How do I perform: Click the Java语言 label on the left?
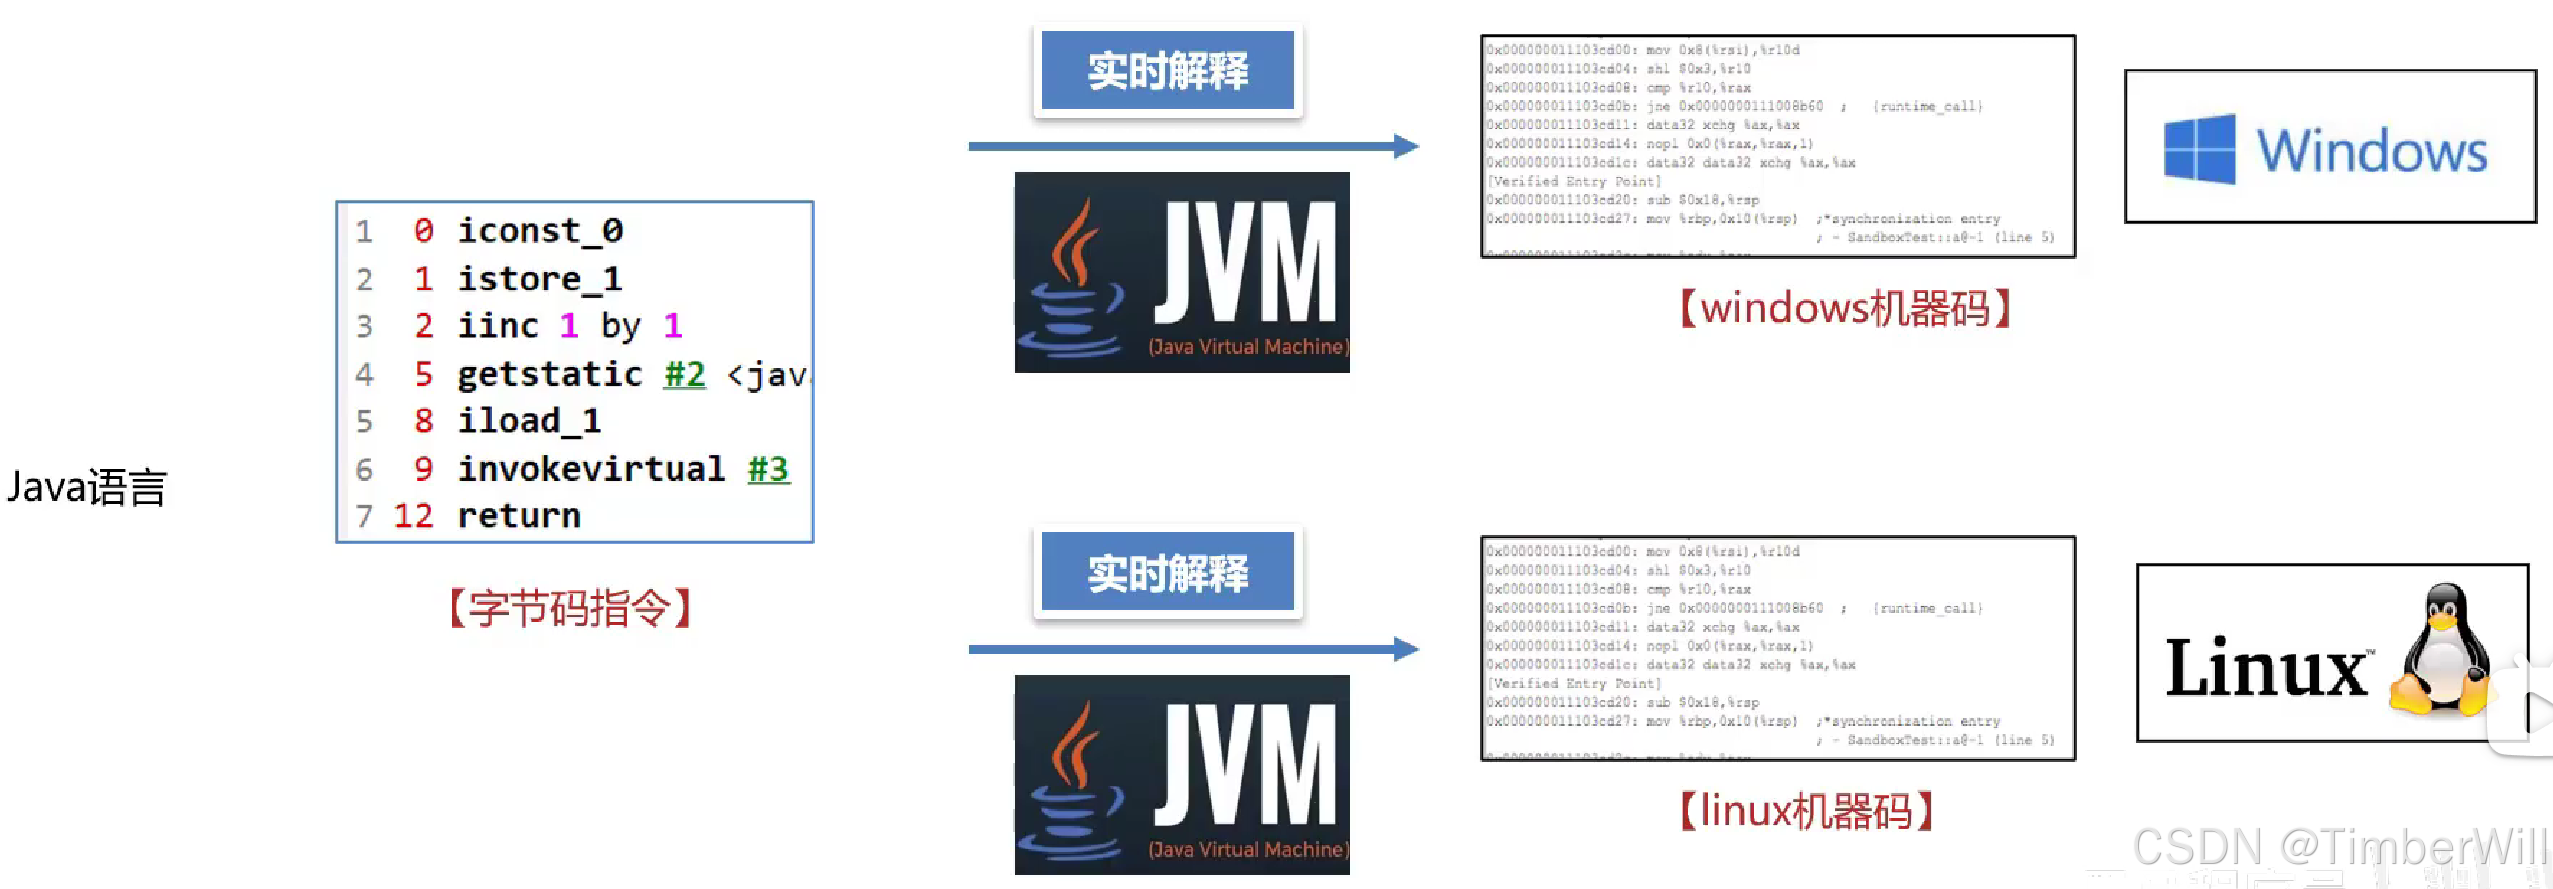(x=87, y=487)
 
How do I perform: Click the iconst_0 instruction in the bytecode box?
(x=540, y=231)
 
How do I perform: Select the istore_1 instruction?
(x=540, y=279)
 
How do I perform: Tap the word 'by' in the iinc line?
(x=620, y=326)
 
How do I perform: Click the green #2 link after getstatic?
(x=685, y=374)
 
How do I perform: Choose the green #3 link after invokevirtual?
(x=768, y=469)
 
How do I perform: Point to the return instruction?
(x=519, y=516)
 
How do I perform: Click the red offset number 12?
(x=413, y=516)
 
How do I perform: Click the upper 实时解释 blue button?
(x=1167, y=70)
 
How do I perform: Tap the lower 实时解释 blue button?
(x=1167, y=572)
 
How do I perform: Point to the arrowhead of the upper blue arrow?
(x=1406, y=146)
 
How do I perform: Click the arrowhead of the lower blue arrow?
(x=1406, y=649)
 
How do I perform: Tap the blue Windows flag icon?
(x=2199, y=149)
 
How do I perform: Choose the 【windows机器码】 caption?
(x=1845, y=308)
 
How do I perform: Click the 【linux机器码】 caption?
(x=1806, y=811)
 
